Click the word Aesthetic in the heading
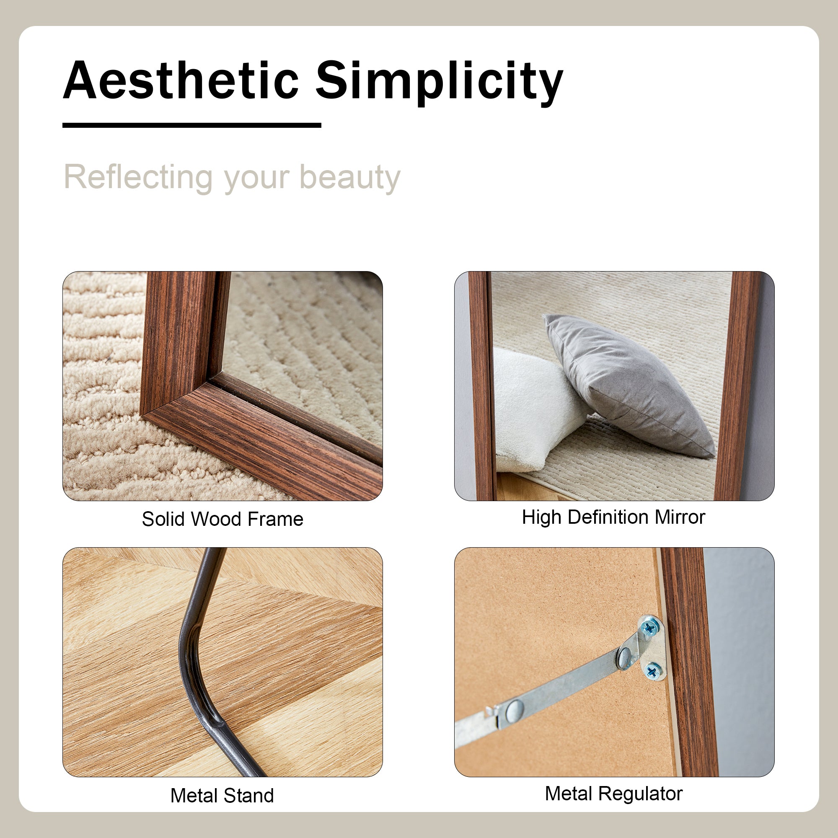pyautogui.click(x=181, y=80)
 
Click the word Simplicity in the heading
pyautogui.click(x=440, y=83)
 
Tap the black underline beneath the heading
pyautogui.click(x=192, y=125)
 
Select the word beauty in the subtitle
pyautogui.click(x=350, y=178)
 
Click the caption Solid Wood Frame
pyautogui.click(x=222, y=519)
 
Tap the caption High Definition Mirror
pyautogui.click(x=613, y=517)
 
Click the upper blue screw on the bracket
pyautogui.click(x=649, y=627)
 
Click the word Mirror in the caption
pyautogui.click(x=680, y=517)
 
